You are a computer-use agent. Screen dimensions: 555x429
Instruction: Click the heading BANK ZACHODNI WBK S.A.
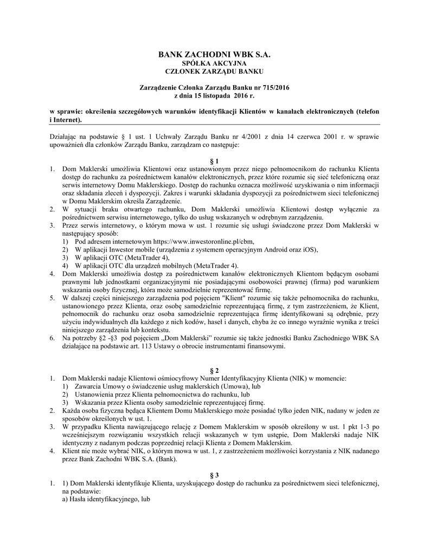[x=214, y=55]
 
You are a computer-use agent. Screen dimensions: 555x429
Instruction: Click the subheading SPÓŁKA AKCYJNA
[x=214, y=63]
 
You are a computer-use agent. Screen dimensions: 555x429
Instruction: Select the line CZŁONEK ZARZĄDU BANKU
[x=214, y=71]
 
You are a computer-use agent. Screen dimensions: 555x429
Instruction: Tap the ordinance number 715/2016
[x=275, y=87]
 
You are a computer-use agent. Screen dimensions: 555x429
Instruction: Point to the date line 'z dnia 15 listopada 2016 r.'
[x=214, y=95]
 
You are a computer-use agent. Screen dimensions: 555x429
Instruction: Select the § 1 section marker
[x=214, y=161]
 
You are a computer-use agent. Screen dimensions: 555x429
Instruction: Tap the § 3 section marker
[x=214, y=474]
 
